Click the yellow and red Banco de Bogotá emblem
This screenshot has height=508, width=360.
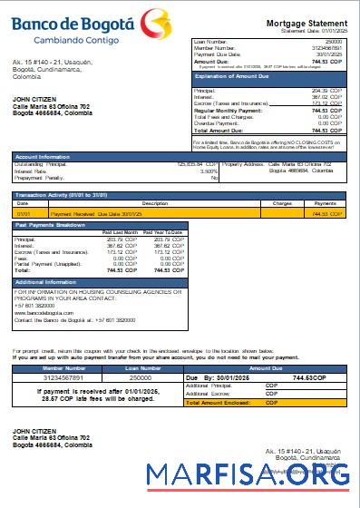coord(158,18)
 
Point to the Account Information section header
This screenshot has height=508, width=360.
coord(46,156)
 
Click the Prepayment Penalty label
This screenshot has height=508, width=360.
coord(41,177)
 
